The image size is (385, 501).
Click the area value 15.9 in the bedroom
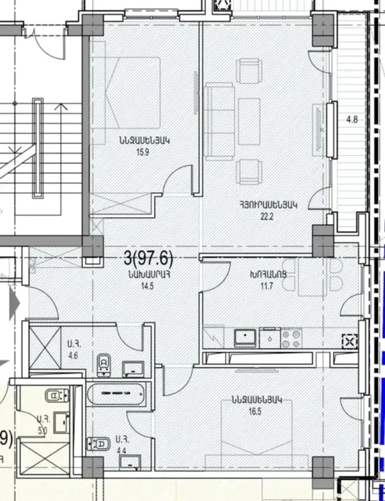click(x=145, y=150)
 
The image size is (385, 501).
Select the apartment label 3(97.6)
click(x=148, y=260)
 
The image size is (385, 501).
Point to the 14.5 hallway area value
click(x=148, y=285)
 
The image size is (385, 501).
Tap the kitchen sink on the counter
click(x=245, y=337)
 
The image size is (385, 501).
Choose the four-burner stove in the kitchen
click(x=290, y=337)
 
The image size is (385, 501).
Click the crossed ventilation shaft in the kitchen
click(x=349, y=341)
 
